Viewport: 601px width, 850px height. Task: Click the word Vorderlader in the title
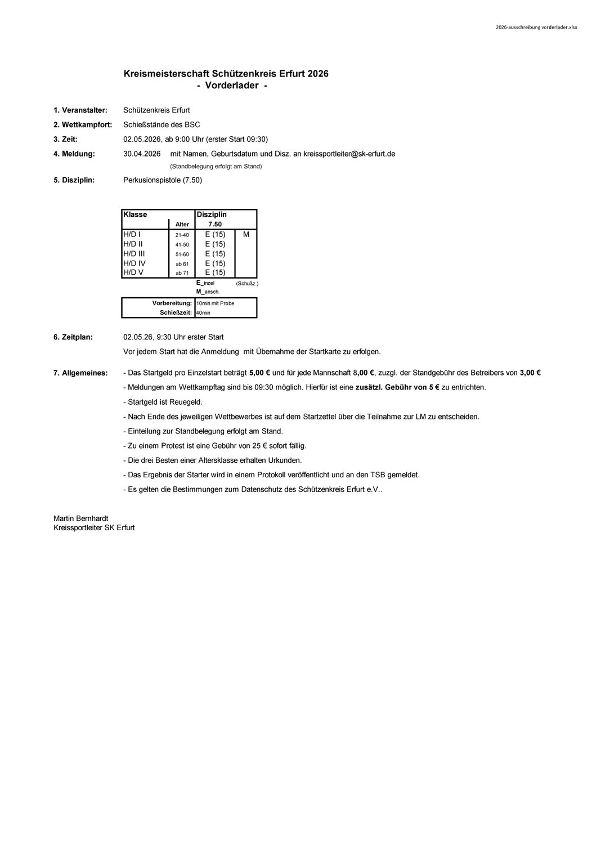pos(232,86)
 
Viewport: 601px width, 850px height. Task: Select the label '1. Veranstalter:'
pos(80,110)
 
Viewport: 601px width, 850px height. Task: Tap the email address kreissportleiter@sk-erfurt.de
pos(349,154)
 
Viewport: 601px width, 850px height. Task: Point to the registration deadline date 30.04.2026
pos(142,154)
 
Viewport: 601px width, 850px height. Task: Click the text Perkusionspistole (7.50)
pos(162,180)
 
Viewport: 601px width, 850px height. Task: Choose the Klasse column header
pos(135,214)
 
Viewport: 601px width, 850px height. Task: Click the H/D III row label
pos(134,254)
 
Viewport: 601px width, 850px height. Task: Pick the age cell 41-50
pos(182,245)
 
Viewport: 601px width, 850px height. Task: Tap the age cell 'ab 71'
pos(182,273)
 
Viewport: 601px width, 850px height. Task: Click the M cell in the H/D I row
pos(246,234)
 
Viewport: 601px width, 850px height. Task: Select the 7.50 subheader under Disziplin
pos(215,224)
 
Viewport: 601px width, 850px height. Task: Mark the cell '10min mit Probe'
pos(216,303)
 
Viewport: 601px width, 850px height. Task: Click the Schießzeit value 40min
pos(203,312)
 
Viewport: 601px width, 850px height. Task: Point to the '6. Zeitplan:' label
pos(73,337)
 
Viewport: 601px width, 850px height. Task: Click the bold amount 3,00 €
pos(530,373)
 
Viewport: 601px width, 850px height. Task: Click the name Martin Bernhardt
pos(80,518)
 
